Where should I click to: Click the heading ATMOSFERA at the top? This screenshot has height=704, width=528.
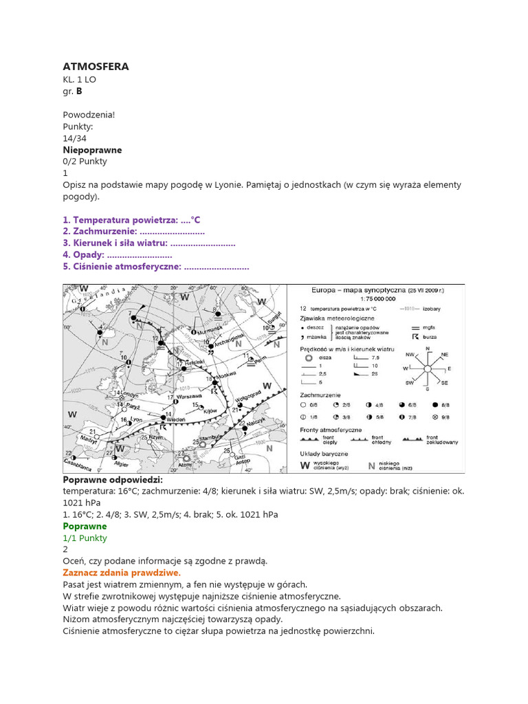coord(96,67)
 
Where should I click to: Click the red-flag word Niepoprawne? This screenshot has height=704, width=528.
coord(92,150)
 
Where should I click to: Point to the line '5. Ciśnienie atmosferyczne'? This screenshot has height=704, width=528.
coord(155,267)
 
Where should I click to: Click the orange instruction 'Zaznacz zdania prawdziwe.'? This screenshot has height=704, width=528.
coord(122,573)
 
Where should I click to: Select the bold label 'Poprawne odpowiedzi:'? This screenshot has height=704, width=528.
coord(113,480)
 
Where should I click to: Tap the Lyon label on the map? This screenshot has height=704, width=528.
coord(136,419)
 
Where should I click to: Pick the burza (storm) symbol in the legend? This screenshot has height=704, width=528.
coord(415,336)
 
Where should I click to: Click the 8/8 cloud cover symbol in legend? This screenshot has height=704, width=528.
coord(435,405)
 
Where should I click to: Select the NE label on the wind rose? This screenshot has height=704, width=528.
coord(445,355)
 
